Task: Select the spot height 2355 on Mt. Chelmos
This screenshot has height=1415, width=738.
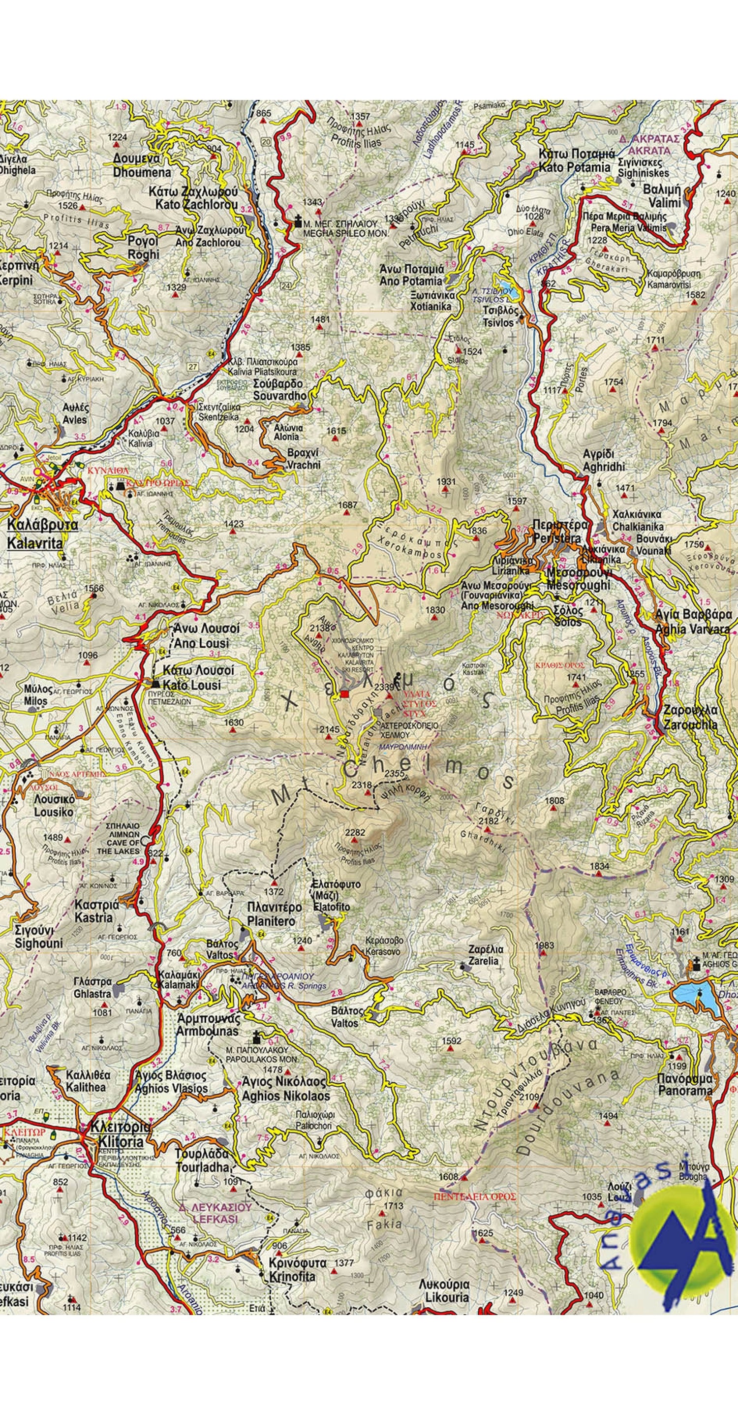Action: [x=394, y=773]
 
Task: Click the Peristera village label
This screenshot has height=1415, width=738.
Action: [x=556, y=532]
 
